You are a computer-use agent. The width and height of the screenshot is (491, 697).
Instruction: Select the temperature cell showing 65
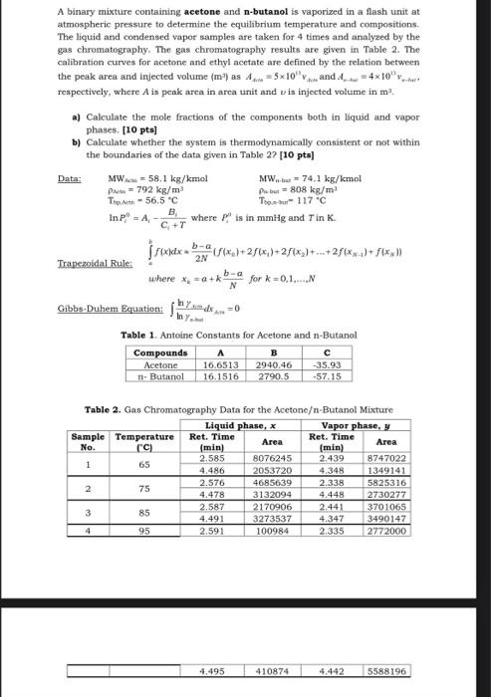(143, 464)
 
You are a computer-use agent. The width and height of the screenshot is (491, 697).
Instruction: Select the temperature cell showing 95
(143, 531)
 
